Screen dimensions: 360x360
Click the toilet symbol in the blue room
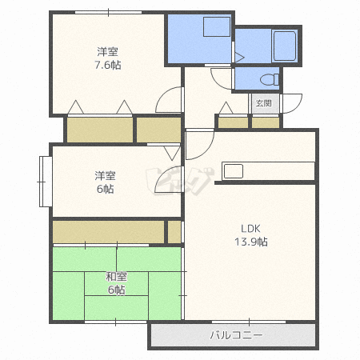[x=270, y=79]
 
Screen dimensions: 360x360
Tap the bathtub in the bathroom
[x=285, y=46]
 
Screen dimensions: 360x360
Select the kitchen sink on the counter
[x=234, y=171]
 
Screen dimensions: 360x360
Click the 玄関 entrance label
[x=264, y=103]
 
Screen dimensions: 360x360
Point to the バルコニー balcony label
[x=236, y=335]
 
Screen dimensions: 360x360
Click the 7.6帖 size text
[x=108, y=65]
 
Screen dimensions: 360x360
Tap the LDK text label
[x=250, y=229]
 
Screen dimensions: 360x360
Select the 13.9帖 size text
[x=251, y=242]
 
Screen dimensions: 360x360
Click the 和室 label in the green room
[x=116, y=277]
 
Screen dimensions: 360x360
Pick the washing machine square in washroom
[x=217, y=26]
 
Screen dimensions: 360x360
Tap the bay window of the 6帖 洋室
[x=46, y=182]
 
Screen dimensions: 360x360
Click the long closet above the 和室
[x=108, y=231]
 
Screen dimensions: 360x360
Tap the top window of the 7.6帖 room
[x=108, y=12]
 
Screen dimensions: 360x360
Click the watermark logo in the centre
[x=180, y=181]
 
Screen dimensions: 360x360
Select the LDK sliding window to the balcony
[x=249, y=322]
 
